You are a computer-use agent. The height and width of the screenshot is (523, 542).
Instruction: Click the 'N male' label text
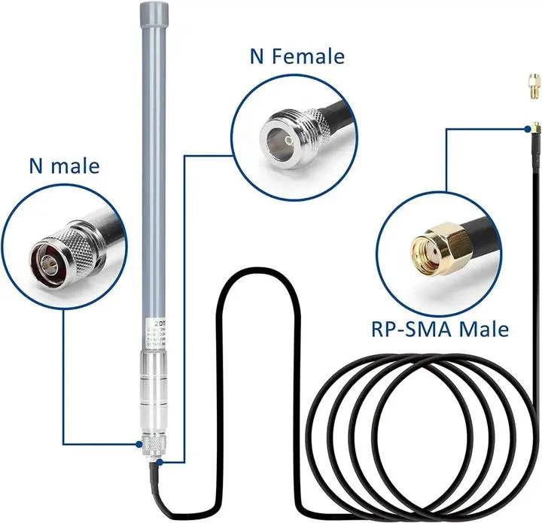tap(64, 166)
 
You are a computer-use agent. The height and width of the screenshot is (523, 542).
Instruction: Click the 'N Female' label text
tap(297, 56)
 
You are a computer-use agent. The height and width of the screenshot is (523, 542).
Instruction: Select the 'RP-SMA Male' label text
tap(440, 329)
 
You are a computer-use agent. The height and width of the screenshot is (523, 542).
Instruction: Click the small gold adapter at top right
tap(532, 86)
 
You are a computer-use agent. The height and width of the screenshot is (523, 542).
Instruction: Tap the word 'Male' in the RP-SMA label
tap(483, 329)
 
